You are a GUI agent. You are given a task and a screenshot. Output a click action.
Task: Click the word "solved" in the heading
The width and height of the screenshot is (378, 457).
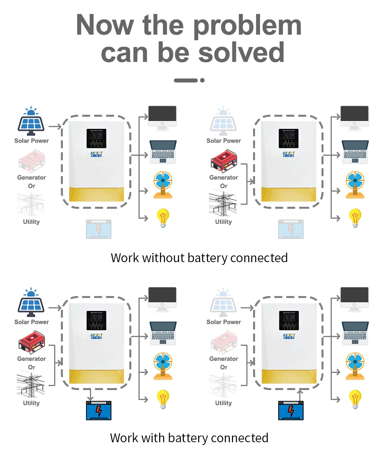(241, 52)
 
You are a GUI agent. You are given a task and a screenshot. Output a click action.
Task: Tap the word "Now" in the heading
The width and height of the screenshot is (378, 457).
(104, 25)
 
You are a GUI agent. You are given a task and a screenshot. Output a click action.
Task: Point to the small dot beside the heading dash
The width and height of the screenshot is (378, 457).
(202, 80)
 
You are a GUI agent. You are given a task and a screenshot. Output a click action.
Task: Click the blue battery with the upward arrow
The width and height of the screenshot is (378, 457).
(291, 410)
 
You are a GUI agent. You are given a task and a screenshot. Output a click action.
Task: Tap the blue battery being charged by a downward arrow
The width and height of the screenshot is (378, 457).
(99, 410)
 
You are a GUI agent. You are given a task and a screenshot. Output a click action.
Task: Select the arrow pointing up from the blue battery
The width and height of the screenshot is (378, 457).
(299, 395)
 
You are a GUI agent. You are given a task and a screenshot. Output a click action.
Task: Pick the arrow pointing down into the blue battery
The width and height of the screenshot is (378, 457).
(91, 396)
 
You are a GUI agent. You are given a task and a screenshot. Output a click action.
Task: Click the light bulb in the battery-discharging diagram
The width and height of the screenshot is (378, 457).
(355, 399)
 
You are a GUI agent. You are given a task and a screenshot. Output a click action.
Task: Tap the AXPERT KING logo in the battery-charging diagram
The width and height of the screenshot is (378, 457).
(97, 336)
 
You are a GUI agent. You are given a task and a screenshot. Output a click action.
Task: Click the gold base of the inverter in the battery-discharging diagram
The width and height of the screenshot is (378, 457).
(289, 377)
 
